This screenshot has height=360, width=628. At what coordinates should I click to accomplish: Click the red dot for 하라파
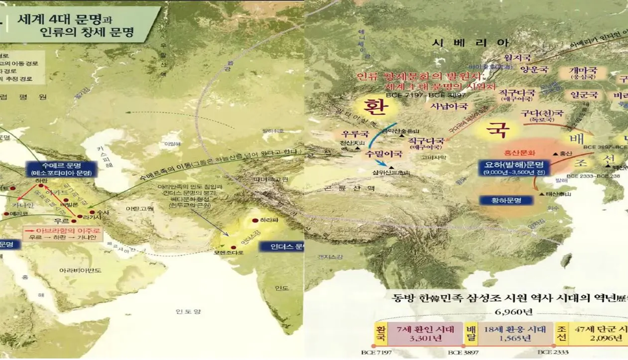click(255, 220)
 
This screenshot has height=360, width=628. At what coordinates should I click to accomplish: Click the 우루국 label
click(354, 134)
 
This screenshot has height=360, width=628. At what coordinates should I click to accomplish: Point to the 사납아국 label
click(449, 106)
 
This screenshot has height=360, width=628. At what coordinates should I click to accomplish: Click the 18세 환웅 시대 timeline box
click(515, 333)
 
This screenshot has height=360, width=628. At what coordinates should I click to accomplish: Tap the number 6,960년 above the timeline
click(507, 312)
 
